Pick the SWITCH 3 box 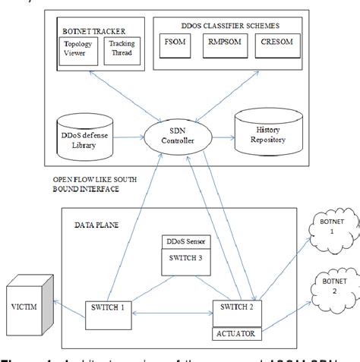coord(183,257)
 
